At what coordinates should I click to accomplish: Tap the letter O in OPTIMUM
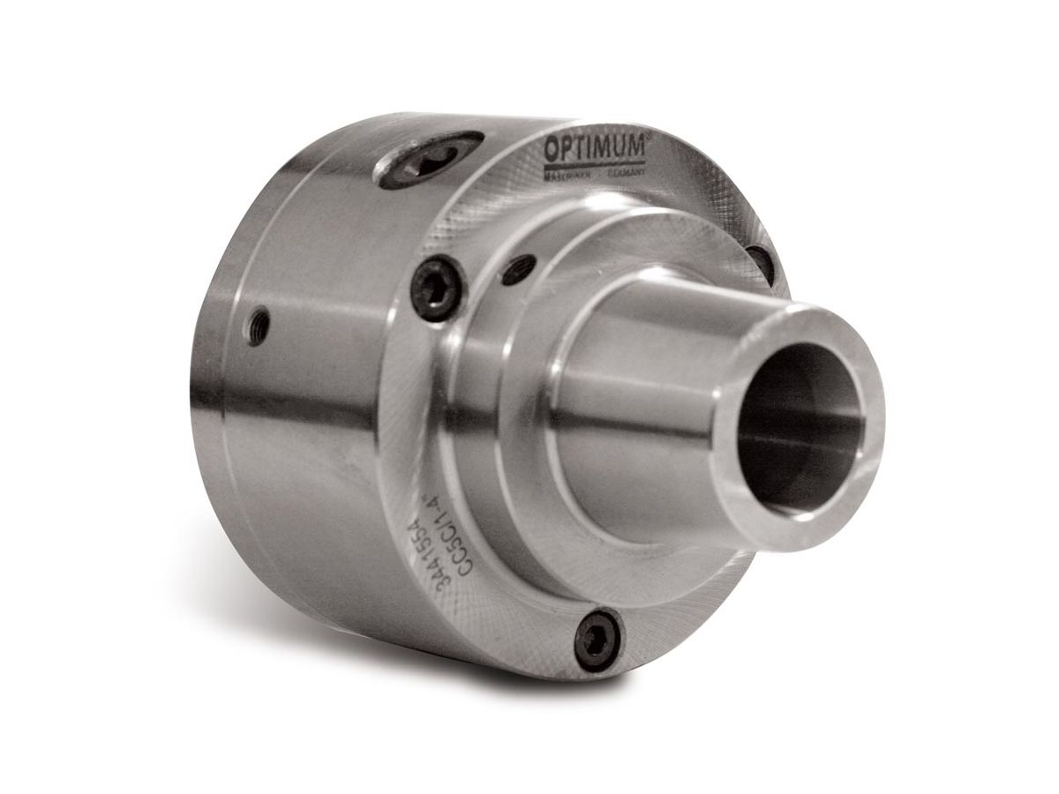(x=551, y=149)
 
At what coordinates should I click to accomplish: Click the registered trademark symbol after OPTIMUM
(x=647, y=136)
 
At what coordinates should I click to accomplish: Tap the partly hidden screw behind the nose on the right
(x=761, y=262)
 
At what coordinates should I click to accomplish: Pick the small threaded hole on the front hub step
(x=517, y=268)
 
